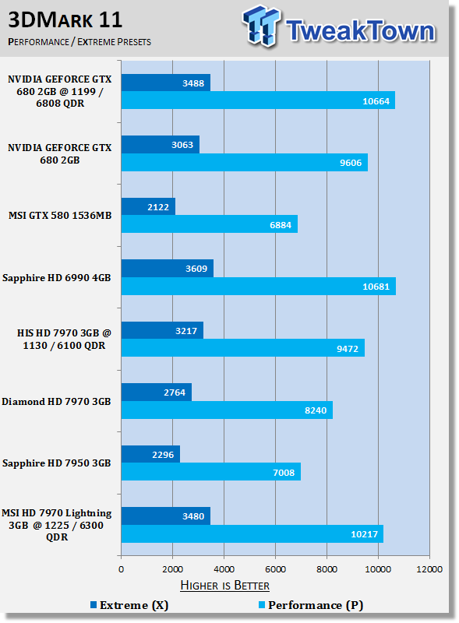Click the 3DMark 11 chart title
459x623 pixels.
pos(65,20)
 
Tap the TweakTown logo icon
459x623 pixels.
pos(261,26)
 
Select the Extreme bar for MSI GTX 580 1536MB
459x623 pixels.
pos(148,206)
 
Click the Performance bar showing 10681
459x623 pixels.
pos(259,286)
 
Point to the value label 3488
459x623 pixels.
pos(193,83)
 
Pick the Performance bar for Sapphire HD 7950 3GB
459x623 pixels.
pos(211,472)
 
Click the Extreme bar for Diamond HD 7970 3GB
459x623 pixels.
pos(157,392)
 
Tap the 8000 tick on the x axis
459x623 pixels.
pos(327,569)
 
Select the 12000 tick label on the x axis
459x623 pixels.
pos(429,569)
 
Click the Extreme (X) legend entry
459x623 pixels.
pos(129,605)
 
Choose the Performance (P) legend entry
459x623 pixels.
pos(311,605)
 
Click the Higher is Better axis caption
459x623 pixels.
pos(224,586)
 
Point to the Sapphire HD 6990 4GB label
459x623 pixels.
pos(56,278)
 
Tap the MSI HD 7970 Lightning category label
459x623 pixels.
pos(56,525)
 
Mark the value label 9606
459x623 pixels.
pos(351,163)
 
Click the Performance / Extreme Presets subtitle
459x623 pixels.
pos(79,42)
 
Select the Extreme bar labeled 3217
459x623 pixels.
pos(162,330)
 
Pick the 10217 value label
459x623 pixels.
pos(364,534)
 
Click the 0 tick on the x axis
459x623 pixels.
pos(122,569)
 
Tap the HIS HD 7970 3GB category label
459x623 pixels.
pos(64,339)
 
